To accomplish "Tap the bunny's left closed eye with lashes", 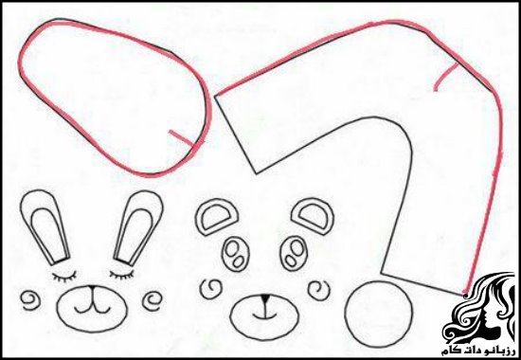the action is [x=64, y=277].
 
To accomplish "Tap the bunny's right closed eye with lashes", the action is [x=122, y=275].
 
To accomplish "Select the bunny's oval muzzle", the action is [x=92, y=309].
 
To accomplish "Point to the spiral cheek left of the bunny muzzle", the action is [x=30, y=300].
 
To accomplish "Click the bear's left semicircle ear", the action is [x=216, y=217].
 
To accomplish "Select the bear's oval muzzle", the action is [x=264, y=317].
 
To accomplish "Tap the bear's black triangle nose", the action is [x=264, y=298].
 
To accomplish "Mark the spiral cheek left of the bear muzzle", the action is [x=211, y=288].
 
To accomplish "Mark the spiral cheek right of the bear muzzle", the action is [x=319, y=290].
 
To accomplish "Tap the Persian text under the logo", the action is [x=478, y=351].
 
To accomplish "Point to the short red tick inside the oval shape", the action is [x=182, y=138].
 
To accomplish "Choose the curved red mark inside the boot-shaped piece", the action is [x=446, y=76].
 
